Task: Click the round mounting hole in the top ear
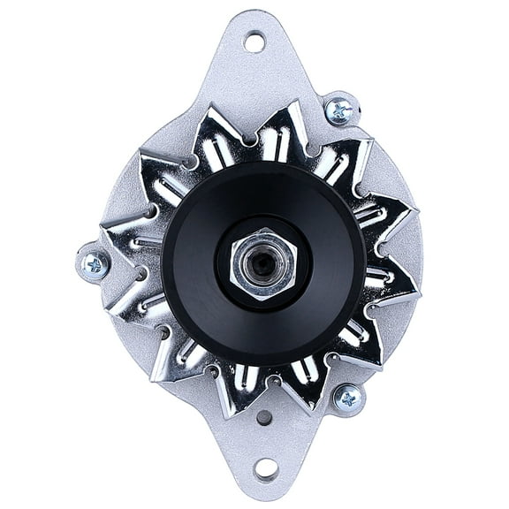pos(254,41)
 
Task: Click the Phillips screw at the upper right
pos(338,110)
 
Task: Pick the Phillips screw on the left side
pos(93,264)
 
